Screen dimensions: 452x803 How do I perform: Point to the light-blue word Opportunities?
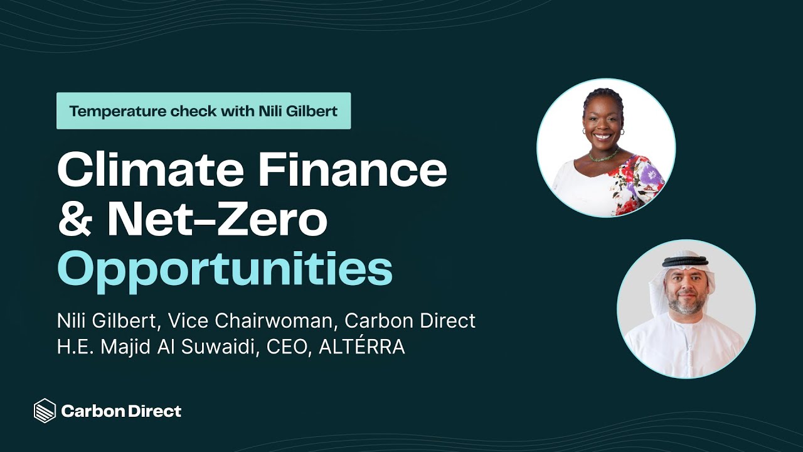click(225, 268)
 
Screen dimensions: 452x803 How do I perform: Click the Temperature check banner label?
click(203, 111)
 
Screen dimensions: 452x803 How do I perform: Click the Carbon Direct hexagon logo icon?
click(45, 411)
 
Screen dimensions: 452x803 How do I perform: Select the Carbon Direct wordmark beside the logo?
click(121, 411)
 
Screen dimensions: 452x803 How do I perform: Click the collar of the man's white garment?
click(688, 326)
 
